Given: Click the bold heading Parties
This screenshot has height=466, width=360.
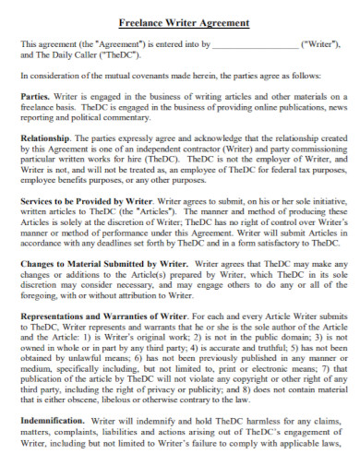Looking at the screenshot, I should pyautogui.click(x=36, y=95).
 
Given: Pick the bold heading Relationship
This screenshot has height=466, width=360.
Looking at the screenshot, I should pyautogui.click(x=46, y=136).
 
